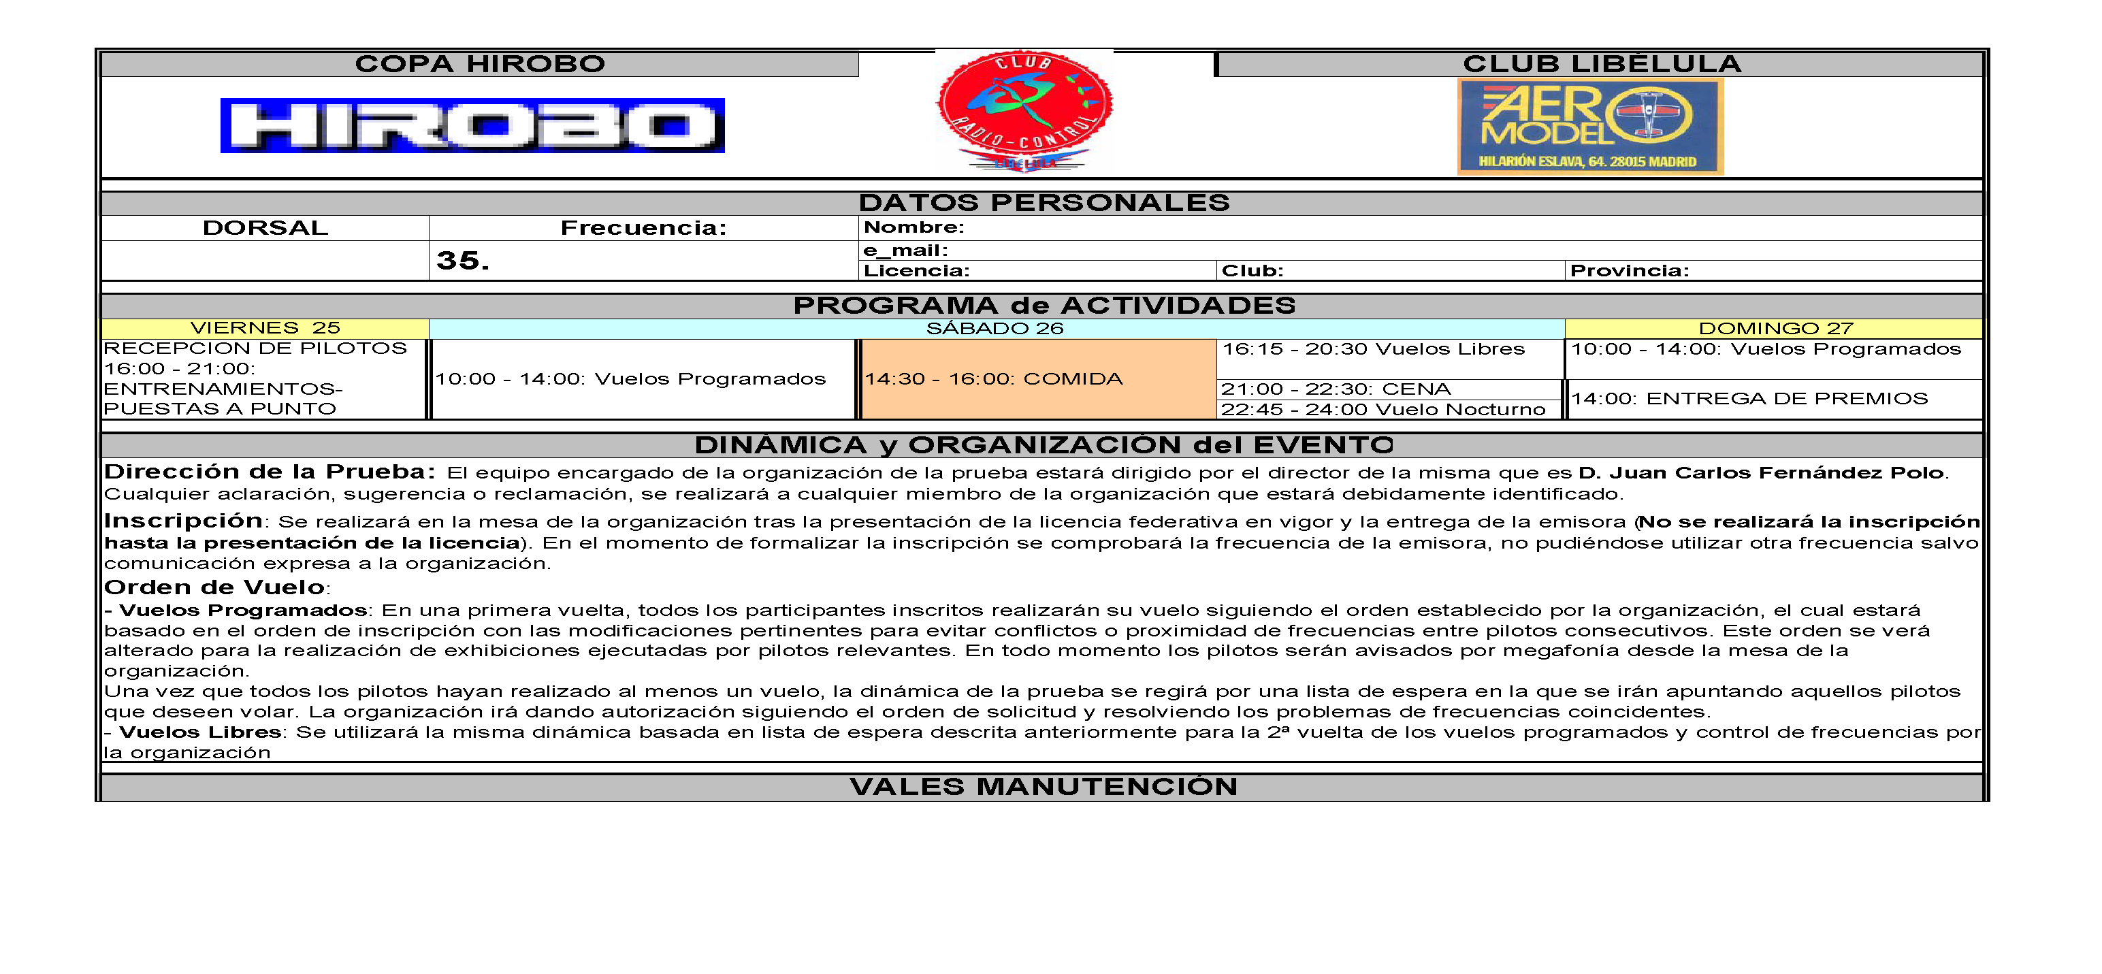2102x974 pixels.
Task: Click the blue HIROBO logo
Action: (472, 126)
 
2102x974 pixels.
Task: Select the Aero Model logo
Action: (1589, 127)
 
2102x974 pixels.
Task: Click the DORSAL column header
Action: (265, 227)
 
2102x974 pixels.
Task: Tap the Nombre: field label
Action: (914, 227)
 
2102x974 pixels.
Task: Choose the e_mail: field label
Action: (906, 250)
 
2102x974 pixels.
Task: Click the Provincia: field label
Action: (1629, 271)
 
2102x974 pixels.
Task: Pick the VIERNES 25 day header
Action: (265, 328)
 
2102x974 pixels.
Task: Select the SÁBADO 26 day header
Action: (995, 329)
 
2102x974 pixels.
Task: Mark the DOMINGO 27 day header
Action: (1775, 329)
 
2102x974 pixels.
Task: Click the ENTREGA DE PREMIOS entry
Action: (1749, 399)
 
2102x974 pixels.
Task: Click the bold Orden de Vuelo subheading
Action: (214, 587)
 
